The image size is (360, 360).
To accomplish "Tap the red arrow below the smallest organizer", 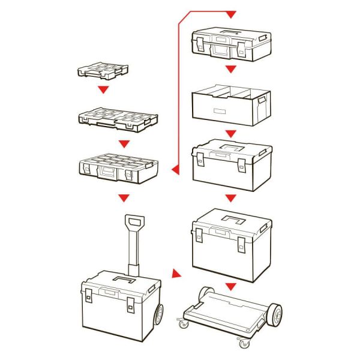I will pos(104,89).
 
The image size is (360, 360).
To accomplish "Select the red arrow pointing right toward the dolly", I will pos(175,274).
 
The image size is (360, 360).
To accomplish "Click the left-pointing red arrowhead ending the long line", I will pos(176,171).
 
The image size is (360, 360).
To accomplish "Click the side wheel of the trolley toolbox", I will pos(159,314).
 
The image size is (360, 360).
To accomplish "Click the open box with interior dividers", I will pos(230,106).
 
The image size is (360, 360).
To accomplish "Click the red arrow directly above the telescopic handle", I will pos(124,197).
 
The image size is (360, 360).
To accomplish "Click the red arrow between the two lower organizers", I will pos(124,144).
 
